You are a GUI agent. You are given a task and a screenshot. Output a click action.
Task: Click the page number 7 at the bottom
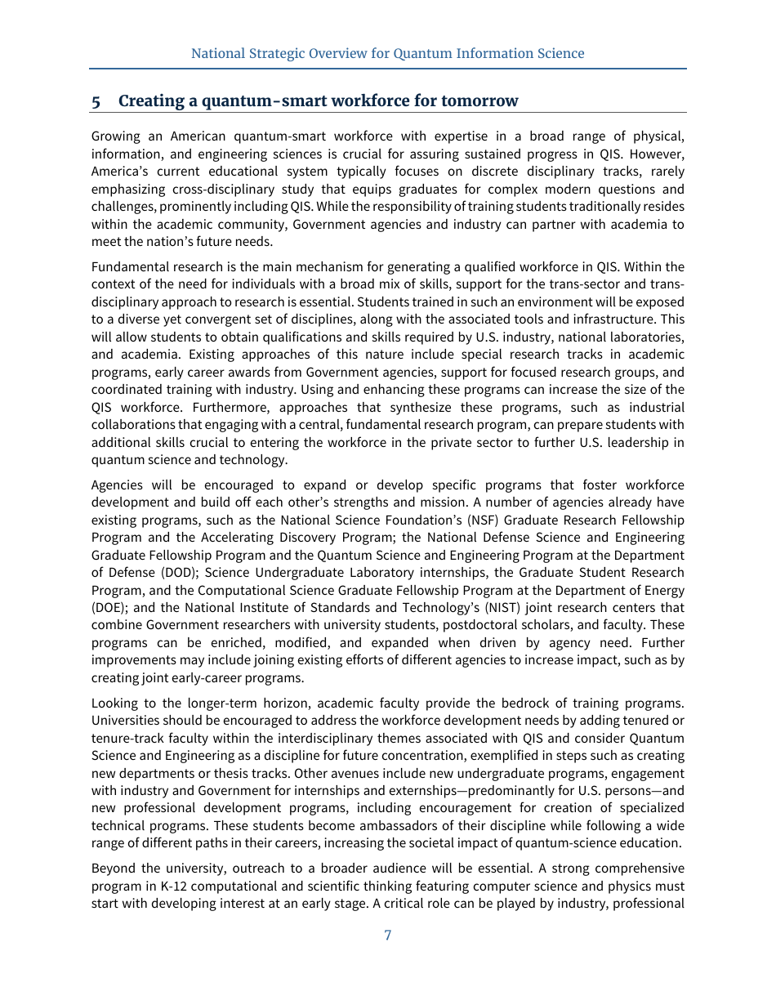pyautogui.click(x=387, y=936)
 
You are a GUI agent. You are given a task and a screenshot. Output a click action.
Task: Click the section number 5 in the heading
pyautogui.click(x=96, y=101)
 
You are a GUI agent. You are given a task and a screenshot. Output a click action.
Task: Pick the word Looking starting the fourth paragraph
pyautogui.click(x=116, y=703)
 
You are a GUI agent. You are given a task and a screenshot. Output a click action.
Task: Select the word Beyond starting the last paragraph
pyautogui.click(x=114, y=868)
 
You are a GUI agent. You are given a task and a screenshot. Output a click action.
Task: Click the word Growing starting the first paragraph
pyautogui.click(x=117, y=136)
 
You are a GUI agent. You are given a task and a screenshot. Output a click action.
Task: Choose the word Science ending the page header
pyautogui.click(x=560, y=54)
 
